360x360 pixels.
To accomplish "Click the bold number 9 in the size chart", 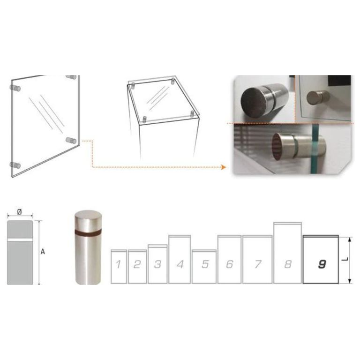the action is pos(322,264).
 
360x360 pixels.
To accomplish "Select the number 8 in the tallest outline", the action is pos(288,264).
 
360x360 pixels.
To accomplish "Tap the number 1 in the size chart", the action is pos(118,264).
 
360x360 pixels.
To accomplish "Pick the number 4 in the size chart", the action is pos(180,264).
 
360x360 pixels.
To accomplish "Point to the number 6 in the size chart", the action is pos(230,264).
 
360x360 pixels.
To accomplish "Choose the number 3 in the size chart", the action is pos(157,264).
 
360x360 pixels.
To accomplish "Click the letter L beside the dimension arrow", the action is pos(345,259).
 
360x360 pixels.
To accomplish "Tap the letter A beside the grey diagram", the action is pos(43,252).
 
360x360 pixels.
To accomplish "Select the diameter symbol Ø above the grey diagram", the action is pos(20,212).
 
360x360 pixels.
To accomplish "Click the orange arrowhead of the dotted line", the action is pos(224,167).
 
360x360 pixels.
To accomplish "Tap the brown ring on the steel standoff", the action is pos(88,232).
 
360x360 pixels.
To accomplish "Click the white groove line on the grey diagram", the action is pos(20,240).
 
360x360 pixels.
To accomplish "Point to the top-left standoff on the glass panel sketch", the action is pos(15,88).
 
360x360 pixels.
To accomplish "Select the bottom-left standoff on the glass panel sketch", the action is pos(15,165).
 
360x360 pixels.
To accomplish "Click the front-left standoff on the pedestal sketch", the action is pos(144,120).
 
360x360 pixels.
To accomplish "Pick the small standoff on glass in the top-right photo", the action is pos(318,97).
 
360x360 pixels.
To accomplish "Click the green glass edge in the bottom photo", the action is pos(315,149).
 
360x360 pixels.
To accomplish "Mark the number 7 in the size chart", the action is pos(258,264).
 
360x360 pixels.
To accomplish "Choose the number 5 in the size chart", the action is pos(205,264).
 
